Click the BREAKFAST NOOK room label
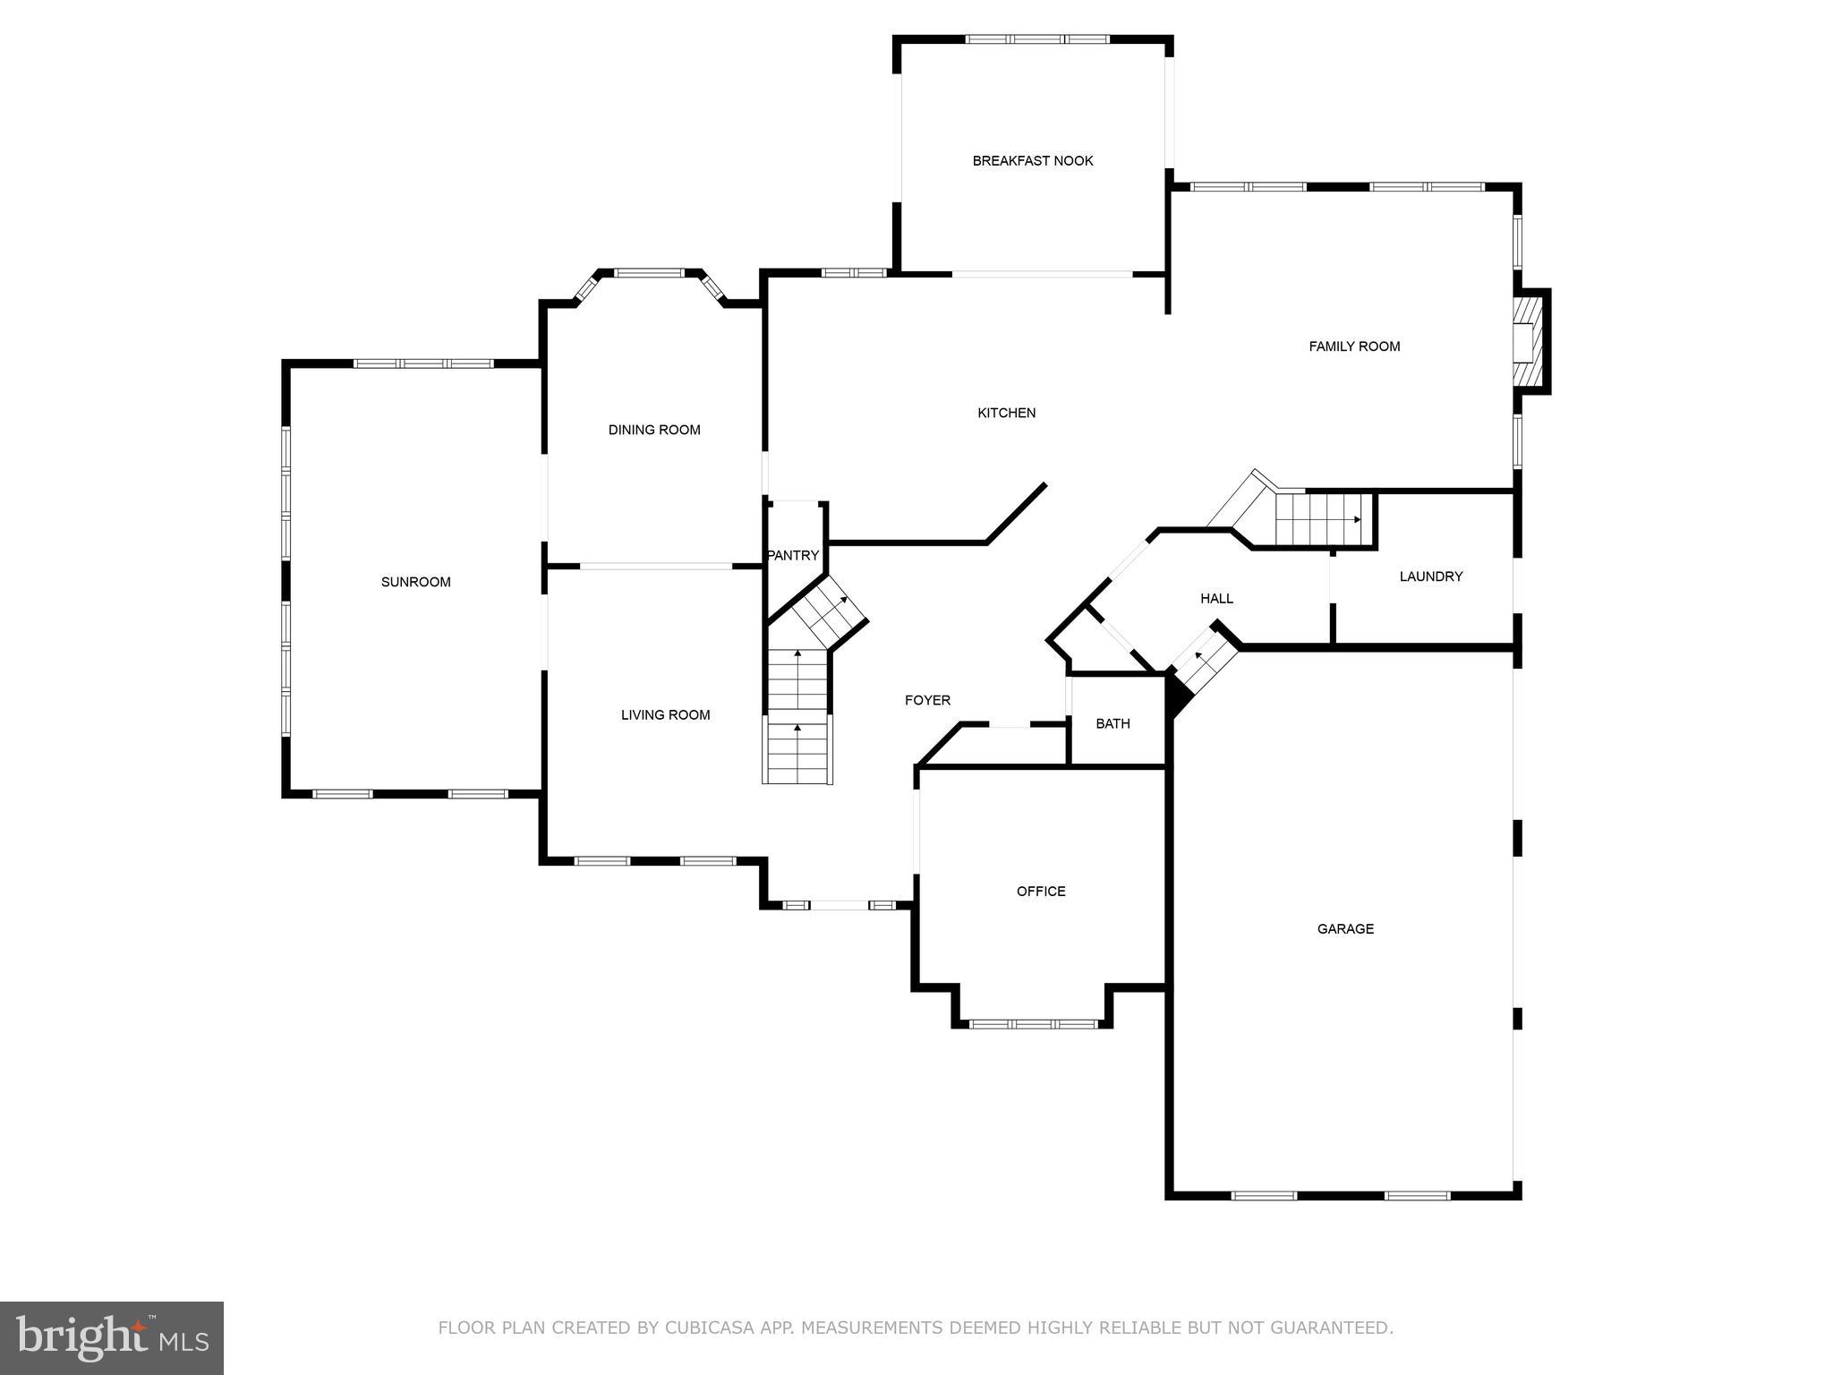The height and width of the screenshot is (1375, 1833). pos(1033,161)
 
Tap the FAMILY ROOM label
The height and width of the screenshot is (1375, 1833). pos(1354,346)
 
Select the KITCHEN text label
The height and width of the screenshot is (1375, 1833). pos(1006,413)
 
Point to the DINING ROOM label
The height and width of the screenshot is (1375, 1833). pos(654,430)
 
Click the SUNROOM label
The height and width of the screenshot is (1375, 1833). pos(415,582)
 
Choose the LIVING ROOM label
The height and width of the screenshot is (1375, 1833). pos(665,714)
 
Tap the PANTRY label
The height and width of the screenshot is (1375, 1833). pos(793,555)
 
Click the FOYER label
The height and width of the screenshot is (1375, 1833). pos(927,700)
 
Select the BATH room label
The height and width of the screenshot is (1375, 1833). pos(1113,723)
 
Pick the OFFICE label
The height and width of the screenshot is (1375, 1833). pos(1041,891)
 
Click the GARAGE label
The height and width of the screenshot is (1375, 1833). pos(1345,928)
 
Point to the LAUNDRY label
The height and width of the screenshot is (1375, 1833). pos(1430,576)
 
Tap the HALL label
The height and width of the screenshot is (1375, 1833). pos(1216,598)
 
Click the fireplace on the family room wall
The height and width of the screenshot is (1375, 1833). pos(1529,341)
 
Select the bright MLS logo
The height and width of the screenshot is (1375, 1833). pos(112,1337)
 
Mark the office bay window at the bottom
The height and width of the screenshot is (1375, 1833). pos(1033,1023)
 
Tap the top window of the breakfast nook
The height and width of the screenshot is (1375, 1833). pos(1037,39)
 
